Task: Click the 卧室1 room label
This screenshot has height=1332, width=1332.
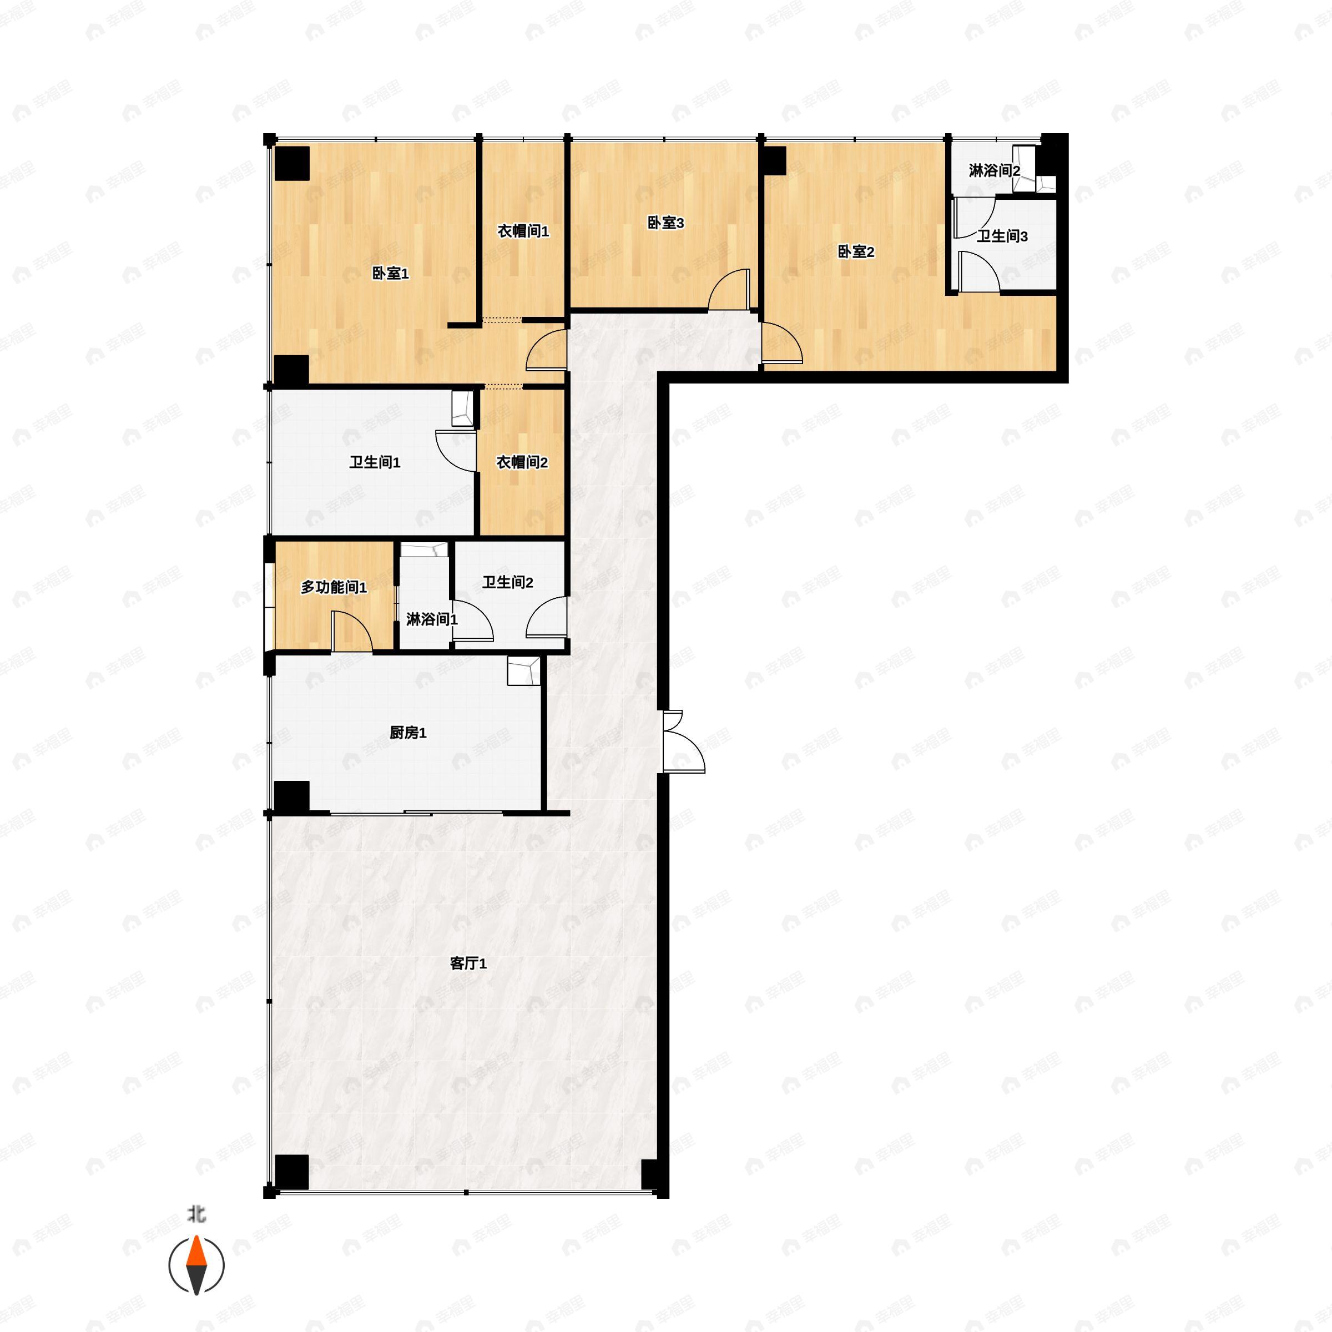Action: (390, 274)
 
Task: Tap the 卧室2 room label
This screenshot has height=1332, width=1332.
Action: (856, 251)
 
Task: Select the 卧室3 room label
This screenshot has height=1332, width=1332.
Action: (665, 223)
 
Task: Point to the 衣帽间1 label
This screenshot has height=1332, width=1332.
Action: (523, 231)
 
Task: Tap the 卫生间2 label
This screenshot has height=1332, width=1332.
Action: (507, 583)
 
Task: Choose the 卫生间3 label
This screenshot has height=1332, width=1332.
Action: (1002, 236)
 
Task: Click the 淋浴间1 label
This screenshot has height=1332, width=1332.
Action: (432, 619)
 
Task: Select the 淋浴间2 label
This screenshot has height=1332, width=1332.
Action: (994, 170)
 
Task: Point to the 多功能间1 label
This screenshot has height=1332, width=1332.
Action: (334, 587)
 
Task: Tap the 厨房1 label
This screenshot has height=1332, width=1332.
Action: (408, 732)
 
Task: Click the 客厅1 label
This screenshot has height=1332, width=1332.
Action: (468, 963)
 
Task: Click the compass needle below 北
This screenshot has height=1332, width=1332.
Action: (196, 1265)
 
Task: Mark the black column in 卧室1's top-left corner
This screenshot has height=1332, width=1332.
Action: (291, 163)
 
